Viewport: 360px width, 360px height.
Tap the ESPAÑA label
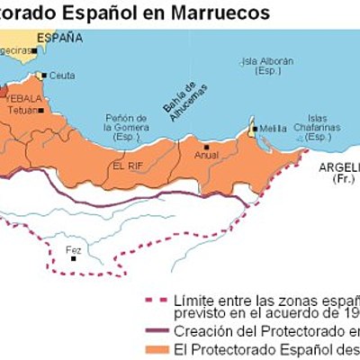[x=59, y=38]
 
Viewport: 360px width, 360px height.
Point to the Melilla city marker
[x=255, y=129]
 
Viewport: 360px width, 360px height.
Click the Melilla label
[x=274, y=129]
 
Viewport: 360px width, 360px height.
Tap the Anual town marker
[x=207, y=145]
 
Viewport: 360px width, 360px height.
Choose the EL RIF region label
[x=127, y=166]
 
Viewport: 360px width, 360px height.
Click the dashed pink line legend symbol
[x=156, y=298]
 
